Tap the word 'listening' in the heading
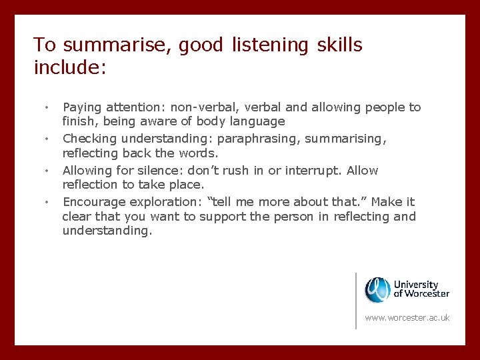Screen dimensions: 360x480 click(x=270, y=45)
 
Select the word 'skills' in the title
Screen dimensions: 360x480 click(x=339, y=45)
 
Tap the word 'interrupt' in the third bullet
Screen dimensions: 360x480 click(x=313, y=170)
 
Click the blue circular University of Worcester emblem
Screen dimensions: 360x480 click(x=377, y=290)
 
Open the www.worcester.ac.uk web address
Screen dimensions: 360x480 click(x=407, y=318)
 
